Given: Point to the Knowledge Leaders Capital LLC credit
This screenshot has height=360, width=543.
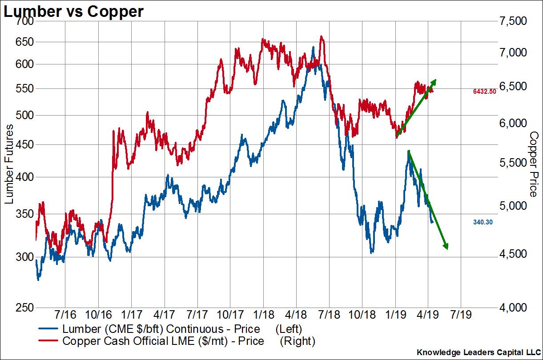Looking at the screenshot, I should click(478, 352).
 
